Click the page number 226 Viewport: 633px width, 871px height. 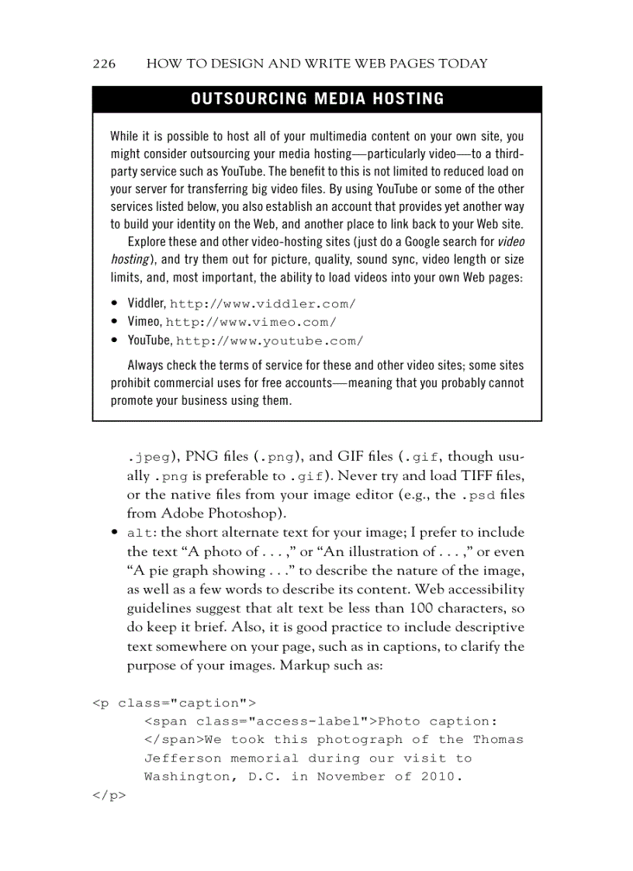(x=104, y=64)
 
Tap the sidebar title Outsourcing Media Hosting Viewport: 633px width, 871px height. (x=317, y=99)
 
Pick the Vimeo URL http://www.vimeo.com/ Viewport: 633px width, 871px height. (x=251, y=323)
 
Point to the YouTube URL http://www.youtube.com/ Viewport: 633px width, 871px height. (x=269, y=341)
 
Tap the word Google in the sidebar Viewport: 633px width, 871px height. (x=419, y=241)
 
